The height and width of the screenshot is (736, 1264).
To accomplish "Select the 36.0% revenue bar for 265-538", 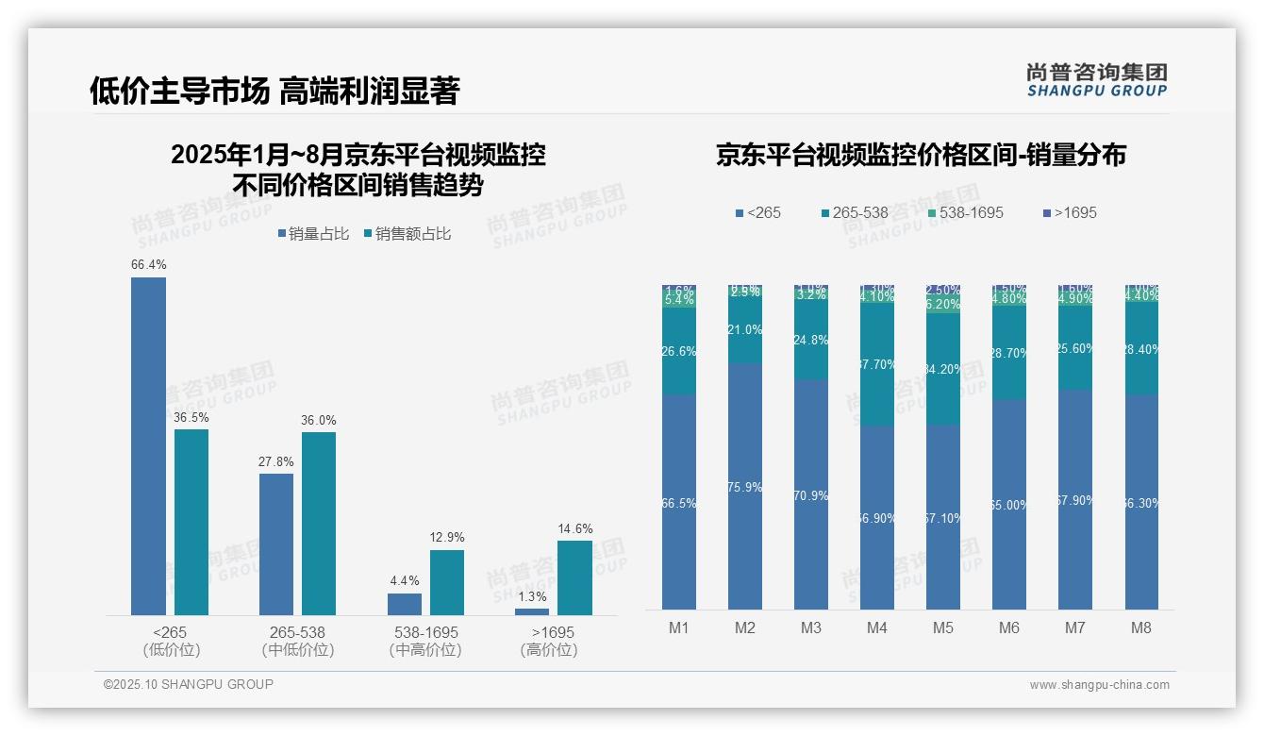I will click(319, 524).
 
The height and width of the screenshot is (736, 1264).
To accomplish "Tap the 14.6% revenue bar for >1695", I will click(574, 577).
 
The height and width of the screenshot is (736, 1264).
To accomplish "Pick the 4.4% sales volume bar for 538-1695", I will click(405, 604).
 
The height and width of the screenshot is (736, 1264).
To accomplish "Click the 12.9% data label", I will click(447, 537).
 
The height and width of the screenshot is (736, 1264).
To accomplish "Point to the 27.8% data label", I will click(276, 461).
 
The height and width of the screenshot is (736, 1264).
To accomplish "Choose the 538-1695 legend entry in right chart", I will click(964, 212).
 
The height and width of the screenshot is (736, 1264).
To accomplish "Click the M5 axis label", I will click(943, 628).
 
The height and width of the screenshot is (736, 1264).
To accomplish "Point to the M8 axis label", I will click(1140, 628).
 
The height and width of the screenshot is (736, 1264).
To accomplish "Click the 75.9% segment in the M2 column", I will click(745, 487).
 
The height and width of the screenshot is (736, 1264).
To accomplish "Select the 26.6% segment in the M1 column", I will click(679, 351).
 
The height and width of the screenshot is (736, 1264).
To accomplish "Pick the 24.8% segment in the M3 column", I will click(811, 340).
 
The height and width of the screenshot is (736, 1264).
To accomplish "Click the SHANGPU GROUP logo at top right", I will click(1096, 80).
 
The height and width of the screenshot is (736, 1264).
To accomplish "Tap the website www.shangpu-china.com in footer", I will click(1099, 685).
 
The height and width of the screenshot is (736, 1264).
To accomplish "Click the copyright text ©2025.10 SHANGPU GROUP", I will click(189, 684).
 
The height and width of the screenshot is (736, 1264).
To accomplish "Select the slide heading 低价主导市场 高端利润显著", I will click(274, 92).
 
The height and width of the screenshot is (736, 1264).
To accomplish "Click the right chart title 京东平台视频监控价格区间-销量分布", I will click(921, 156).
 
